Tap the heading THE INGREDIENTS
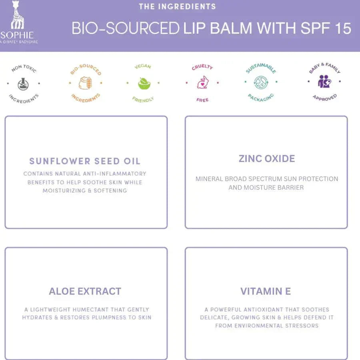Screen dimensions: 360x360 177,6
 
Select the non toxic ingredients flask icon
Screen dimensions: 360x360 23,84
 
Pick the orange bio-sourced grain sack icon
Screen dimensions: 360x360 85,83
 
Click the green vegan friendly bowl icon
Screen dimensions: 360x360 144,83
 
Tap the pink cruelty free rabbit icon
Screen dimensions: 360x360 202,82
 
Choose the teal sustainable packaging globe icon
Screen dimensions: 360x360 261,82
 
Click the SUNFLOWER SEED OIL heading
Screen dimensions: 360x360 85,161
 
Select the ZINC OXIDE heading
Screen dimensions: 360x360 266,158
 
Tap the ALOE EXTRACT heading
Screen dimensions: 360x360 85,291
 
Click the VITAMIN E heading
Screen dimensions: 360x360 266,291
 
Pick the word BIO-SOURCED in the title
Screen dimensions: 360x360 125,28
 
